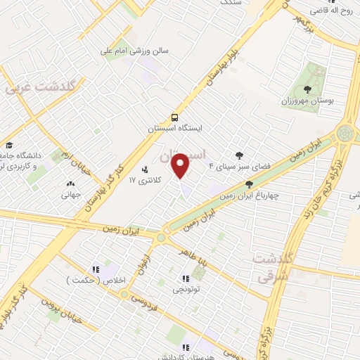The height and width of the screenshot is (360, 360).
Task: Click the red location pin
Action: (x=181, y=165)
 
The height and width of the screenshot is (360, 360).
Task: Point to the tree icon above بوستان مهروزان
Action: (x=307, y=89)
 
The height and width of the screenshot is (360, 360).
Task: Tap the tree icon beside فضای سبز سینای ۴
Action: (x=240, y=155)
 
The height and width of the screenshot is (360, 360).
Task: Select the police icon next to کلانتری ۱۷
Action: (x=145, y=169)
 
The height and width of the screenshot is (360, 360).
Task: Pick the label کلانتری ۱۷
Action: (x=145, y=181)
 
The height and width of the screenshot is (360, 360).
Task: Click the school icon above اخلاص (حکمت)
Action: (x=95, y=269)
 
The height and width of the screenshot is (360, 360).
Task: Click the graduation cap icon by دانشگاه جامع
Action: (x=9, y=145)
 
